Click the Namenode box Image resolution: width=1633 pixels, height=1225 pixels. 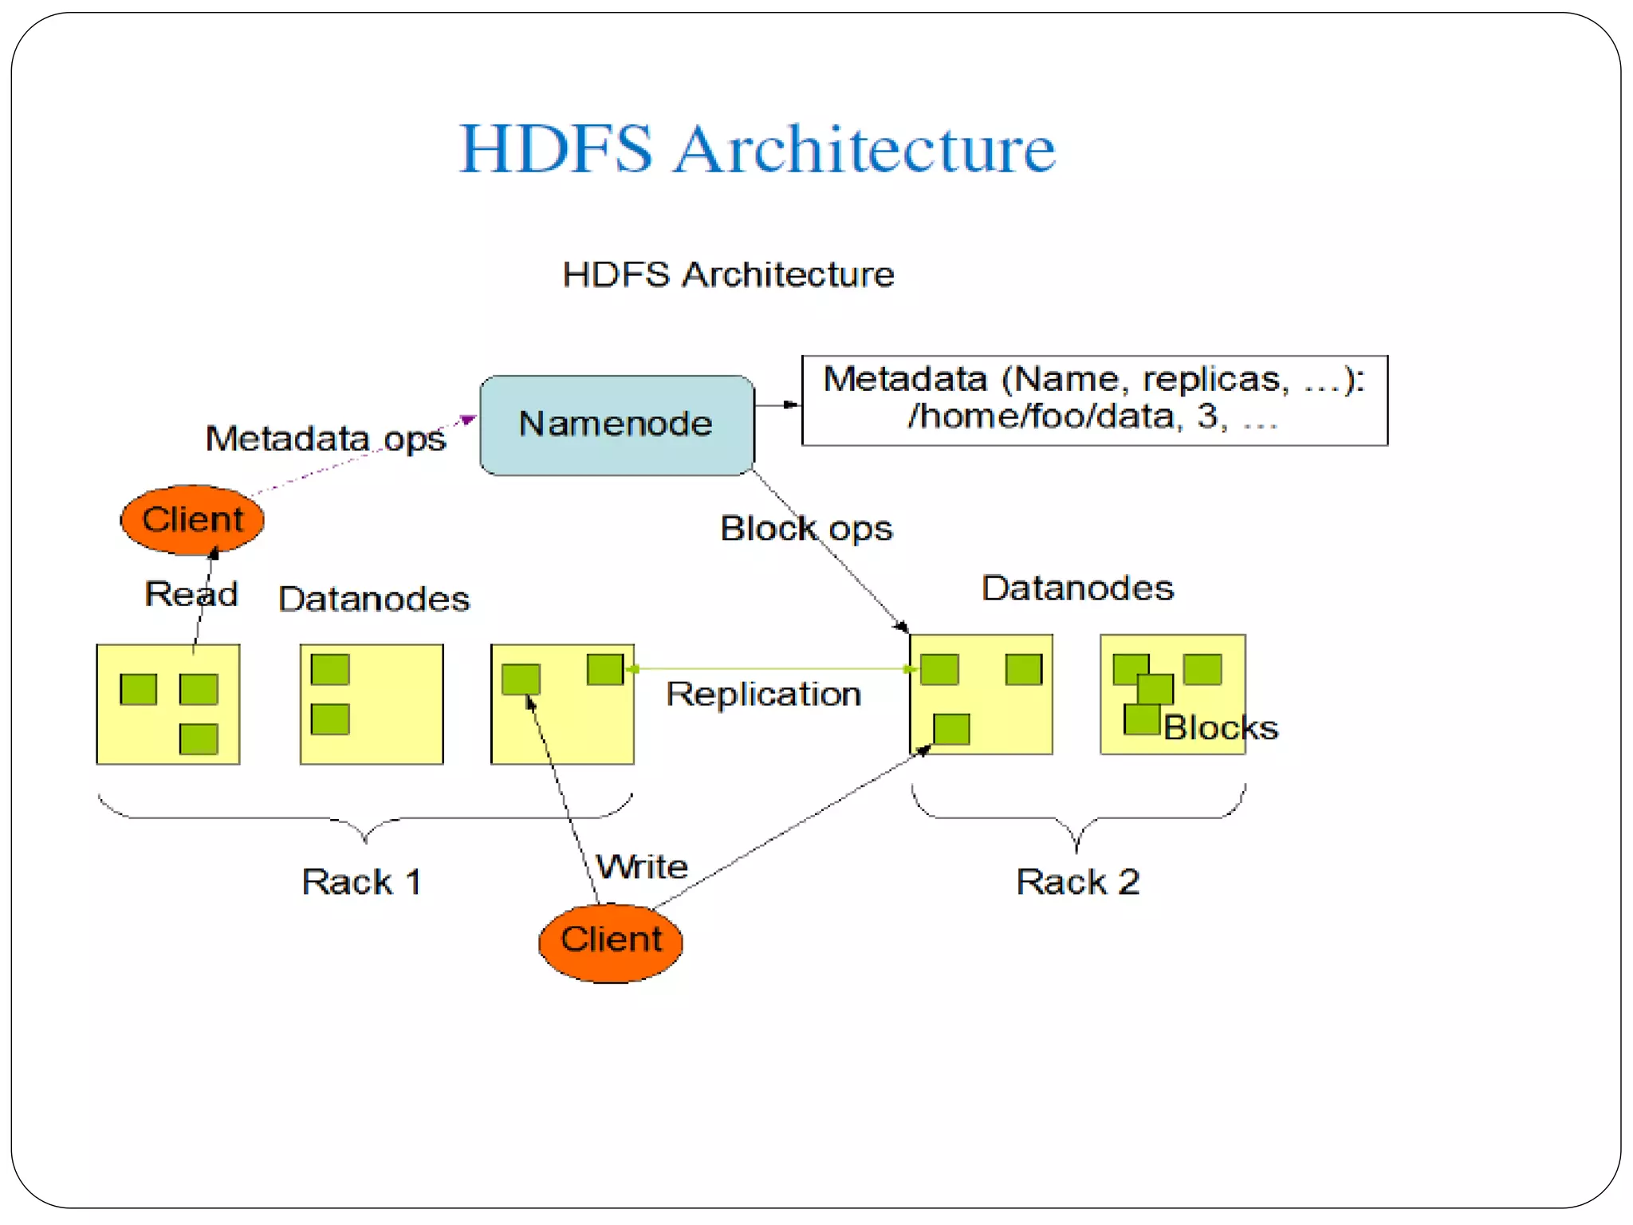pos(616,425)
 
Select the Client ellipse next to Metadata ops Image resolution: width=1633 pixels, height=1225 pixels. pos(192,520)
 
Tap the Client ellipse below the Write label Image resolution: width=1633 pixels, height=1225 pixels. pos(611,941)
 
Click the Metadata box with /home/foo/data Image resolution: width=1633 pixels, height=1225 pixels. pos(1094,400)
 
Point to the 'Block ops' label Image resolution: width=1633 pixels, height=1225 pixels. pos(806,529)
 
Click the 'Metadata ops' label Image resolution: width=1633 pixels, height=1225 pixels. pos(325,439)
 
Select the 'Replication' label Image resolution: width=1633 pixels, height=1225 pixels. pos(764,695)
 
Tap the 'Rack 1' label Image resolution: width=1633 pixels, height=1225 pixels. pos(361,882)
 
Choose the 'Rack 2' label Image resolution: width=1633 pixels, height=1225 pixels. pos(1077,882)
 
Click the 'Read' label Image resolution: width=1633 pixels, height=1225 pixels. pos(191,594)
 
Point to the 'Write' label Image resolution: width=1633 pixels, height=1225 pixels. pos(643,867)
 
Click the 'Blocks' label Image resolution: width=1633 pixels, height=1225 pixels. pos(1220,727)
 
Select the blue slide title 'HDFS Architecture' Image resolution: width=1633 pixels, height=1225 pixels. pos(757,148)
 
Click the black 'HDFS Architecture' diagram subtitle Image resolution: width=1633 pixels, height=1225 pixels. pos(728,274)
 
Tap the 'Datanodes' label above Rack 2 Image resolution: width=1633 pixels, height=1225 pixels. pos(1077,589)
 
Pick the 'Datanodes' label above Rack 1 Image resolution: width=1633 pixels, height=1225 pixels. pos(374,599)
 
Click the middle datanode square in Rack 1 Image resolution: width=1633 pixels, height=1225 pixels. pos(372,704)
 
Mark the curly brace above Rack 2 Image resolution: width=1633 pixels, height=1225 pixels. pos(1077,817)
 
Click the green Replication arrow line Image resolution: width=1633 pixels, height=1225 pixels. pos(769,669)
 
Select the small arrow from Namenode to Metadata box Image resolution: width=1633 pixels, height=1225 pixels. pos(777,405)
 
